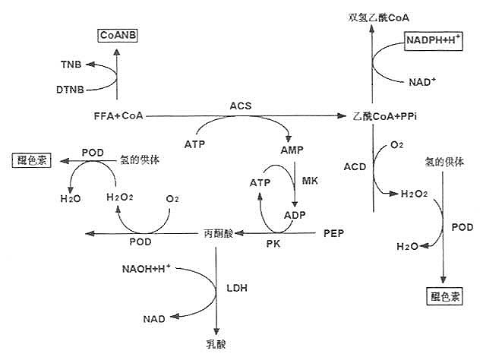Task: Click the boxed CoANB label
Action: point(118,34)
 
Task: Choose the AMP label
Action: point(291,150)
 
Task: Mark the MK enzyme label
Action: point(310,181)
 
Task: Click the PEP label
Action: point(333,232)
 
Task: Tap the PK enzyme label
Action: point(274,245)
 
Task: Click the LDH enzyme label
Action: point(238,289)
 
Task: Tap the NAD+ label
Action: point(421,81)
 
